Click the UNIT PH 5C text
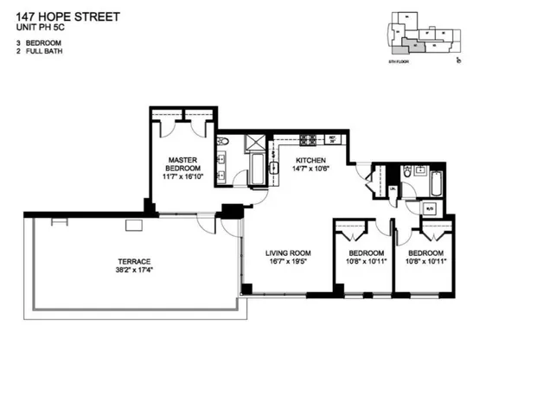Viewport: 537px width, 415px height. click(x=41, y=28)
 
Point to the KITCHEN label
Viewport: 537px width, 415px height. click(x=311, y=161)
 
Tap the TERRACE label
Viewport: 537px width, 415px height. click(x=134, y=261)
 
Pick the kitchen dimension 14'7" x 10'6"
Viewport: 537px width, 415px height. click(x=311, y=169)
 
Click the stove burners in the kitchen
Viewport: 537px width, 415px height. click(x=308, y=139)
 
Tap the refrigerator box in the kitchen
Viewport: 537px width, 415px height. click(x=332, y=138)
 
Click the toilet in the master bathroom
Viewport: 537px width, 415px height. click(x=221, y=143)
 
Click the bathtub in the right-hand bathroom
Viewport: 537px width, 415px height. click(x=434, y=182)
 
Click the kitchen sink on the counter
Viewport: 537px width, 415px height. click(x=273, y=169)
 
